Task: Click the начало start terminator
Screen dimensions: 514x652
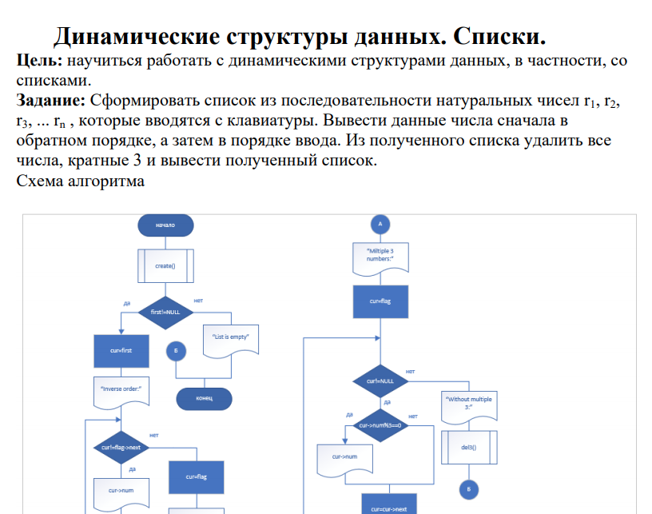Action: (165, 225)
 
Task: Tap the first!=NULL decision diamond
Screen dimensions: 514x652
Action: (165, 313)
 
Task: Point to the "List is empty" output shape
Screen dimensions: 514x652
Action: (231, 340)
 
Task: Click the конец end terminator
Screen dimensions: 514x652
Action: (204, 399)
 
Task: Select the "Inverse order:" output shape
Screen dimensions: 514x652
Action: (121, 392)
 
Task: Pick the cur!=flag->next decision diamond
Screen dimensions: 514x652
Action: (121, 447)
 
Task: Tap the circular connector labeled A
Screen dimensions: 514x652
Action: (380, 225)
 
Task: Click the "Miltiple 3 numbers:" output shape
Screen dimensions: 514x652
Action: (380, 258)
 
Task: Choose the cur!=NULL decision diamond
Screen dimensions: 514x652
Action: (380, 381)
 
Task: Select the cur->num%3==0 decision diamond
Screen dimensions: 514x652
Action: (380, 425)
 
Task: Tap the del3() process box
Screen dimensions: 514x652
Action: (469, 447)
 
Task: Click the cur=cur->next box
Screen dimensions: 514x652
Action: (389, 507)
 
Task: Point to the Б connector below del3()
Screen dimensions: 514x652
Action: (469, 489)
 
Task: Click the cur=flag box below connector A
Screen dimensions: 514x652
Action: (380, 301)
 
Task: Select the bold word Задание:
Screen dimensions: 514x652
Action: (51, 101)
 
